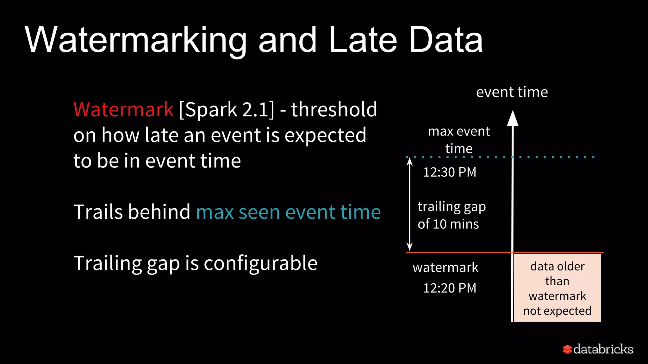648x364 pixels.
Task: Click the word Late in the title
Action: coord(363,40)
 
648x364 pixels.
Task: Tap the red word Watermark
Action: coord(123,110)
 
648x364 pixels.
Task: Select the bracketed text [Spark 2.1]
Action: coord(227,110)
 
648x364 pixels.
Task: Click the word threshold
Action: coord(334,110)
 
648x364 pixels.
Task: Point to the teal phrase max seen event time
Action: coord(288,212)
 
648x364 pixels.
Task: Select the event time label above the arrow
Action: coord(512,92)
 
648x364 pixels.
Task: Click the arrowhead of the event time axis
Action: coord(513,118)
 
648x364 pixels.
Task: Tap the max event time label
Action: coord(459,140)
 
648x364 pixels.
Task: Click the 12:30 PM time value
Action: coord(450,172)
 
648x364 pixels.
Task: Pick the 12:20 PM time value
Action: coord(450,288)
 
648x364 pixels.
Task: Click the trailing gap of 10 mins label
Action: coord(451,215)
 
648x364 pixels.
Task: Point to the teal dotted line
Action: coord(554,157)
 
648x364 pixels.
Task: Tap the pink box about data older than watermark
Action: coord(557,288)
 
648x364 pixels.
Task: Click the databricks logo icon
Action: coord(567,349)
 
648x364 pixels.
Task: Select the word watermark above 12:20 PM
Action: coord(445,268)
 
